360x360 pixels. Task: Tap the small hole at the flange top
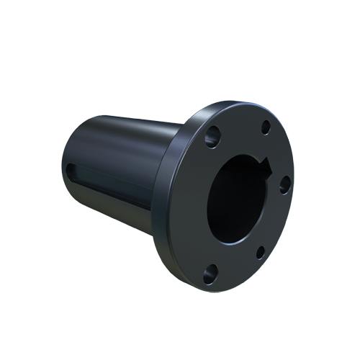(266, 127)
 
